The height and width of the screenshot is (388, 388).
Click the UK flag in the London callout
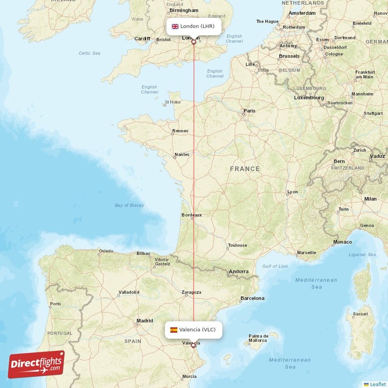(175, 26)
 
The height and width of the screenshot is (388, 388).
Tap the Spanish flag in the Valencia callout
(173, 330)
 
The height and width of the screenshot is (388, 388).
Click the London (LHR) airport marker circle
(194, 42)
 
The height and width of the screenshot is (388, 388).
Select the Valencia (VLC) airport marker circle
(193, 345)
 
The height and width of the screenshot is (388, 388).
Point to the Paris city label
(249, 111)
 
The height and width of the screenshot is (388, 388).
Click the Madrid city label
(145, 321)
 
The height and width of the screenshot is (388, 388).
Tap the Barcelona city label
(252, 298)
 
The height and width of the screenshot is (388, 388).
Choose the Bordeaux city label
(191, 215)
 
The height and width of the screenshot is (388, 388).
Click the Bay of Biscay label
(129, 205)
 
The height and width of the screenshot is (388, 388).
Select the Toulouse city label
(238, 245)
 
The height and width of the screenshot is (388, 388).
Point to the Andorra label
(239, 272)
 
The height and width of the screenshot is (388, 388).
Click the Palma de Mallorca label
(259, 338)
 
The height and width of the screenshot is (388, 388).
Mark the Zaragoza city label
(191, 292)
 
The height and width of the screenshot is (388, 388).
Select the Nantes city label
(182, 155)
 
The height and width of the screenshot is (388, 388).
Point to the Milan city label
(370, 199)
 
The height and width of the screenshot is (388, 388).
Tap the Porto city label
(55, 304)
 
